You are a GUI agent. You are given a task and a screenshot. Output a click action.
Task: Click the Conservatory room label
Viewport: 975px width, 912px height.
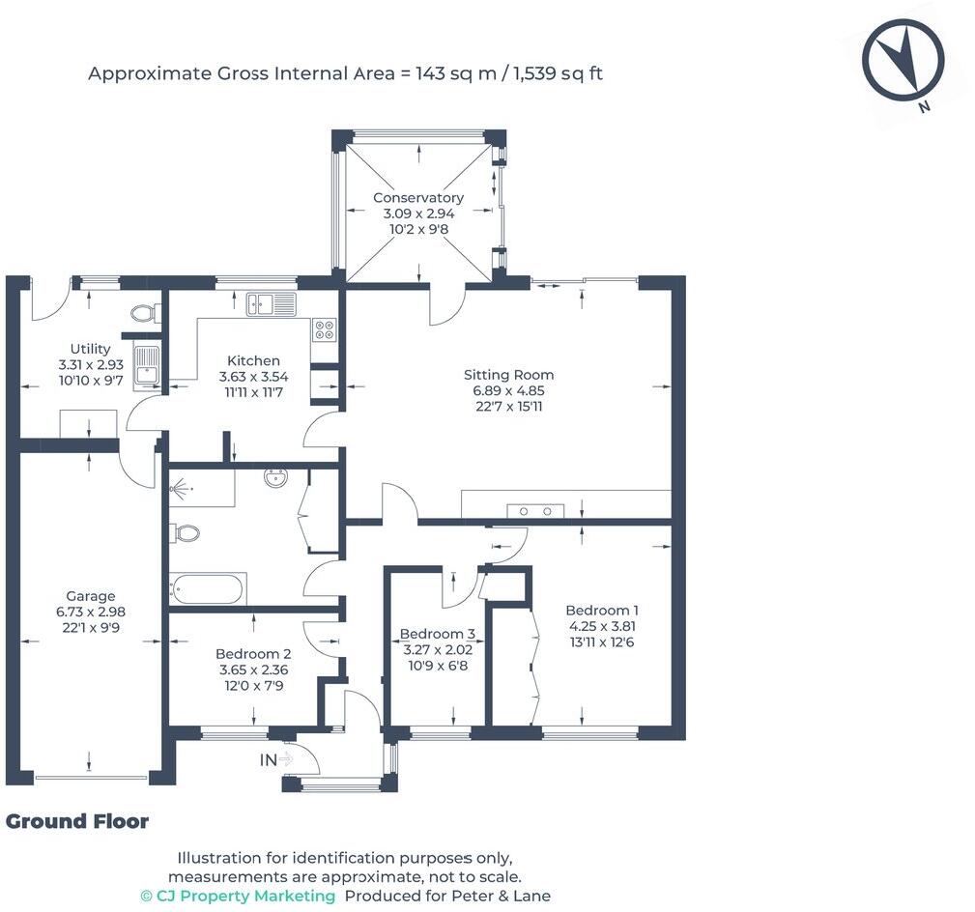click(417, 198)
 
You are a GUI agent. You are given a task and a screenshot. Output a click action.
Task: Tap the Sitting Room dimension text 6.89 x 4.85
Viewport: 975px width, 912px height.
click(508, 391)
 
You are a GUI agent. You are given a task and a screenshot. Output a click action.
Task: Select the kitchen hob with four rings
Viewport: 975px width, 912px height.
click(324, 329)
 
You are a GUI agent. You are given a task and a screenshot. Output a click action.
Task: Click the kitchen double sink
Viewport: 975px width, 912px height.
click(272, 304)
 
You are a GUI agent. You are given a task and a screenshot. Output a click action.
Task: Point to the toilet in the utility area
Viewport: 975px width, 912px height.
click(144, 313)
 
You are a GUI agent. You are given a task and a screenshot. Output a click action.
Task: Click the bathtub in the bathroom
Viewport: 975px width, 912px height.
click(208, 588)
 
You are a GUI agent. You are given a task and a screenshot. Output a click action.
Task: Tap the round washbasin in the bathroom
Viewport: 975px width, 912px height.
click(275, 477)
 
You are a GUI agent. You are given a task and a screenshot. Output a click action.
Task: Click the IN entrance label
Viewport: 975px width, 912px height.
click(268, 759)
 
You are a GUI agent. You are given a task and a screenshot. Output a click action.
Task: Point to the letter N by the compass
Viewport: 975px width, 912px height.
click(925, 106)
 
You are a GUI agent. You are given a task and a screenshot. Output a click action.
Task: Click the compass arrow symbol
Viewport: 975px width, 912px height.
click(903, 60)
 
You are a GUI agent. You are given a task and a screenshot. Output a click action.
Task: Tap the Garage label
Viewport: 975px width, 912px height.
click(90, 596)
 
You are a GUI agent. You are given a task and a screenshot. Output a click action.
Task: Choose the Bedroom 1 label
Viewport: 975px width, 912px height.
click(602, 611)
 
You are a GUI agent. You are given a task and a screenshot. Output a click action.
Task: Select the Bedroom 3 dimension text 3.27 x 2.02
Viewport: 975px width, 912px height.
click(438, 649)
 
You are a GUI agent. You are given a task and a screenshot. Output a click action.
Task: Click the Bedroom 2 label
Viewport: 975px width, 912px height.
click(253, 654)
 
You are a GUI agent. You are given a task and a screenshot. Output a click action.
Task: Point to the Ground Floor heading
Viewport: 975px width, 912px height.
click(77, 822)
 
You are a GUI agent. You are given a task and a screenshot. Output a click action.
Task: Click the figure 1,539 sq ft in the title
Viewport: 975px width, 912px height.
click(558, 74)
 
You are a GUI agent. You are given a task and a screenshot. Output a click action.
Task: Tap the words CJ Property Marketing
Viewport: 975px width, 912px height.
click(238, 896)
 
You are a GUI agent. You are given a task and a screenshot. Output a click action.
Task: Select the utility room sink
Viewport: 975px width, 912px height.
click(147, 369)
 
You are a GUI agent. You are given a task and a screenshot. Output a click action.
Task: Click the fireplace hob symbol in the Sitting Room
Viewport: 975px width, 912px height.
click(535, 511)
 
